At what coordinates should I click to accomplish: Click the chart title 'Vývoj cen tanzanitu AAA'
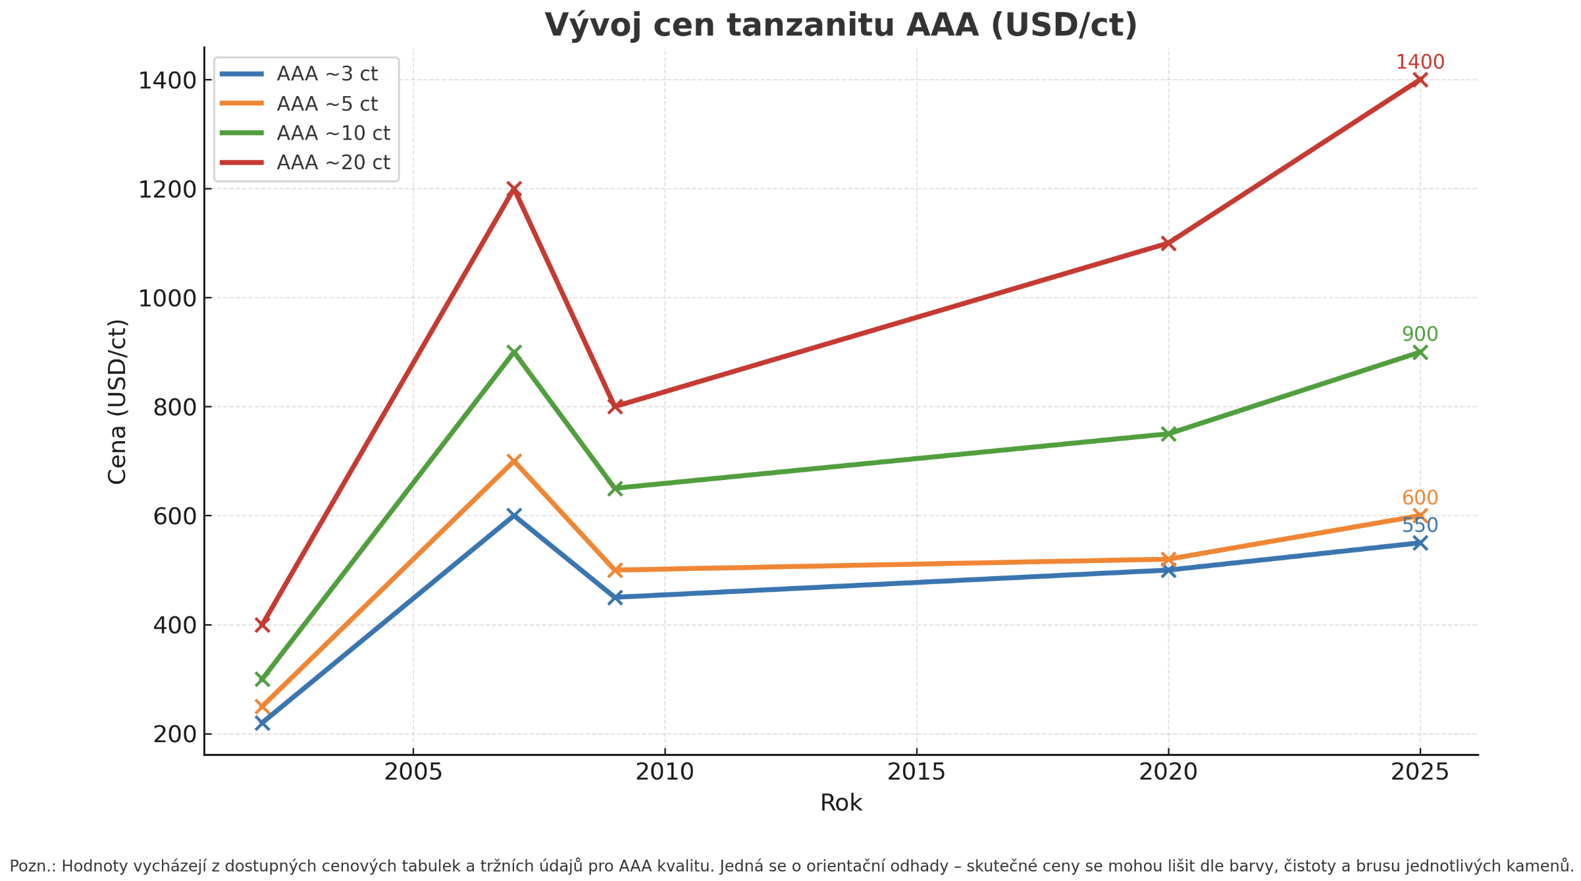[841, 26]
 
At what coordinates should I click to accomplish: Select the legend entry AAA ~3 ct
[327, 74]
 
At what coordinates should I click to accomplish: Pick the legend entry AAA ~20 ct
[333, 162]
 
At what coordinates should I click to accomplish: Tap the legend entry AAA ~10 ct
[333, 133]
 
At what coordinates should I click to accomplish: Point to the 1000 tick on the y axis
[167, 299]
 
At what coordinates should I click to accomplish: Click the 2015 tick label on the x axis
[916, 772]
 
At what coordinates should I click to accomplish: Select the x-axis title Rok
[841, 803]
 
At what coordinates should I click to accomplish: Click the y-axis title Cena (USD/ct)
[117, 402]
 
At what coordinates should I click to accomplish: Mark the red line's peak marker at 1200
[514, 189]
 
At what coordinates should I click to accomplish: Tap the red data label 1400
[1420, 63]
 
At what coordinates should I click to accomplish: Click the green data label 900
[1420, 334]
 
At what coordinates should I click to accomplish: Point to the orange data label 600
[1420, 498]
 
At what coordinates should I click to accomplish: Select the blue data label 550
[1420, 526]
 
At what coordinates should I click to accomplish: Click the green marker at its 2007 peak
[514, 352]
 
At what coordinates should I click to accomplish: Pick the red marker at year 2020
[1168, 244]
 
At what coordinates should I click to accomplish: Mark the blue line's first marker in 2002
[262, 723]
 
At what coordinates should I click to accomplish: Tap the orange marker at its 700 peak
[514, 460]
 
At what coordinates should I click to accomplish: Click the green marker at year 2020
[1168, 433]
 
